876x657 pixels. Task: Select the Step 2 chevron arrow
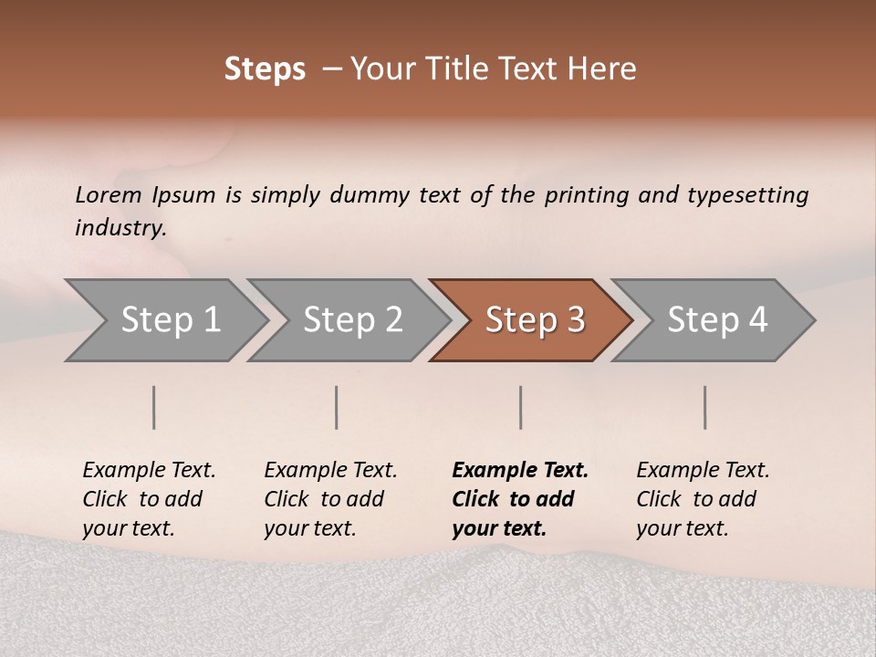pos(352,320)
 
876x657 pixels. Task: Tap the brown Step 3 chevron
pos(535,320)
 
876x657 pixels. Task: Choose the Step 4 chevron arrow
pos(717,320)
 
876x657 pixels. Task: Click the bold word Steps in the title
pos(265,69)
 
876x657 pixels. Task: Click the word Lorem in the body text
pos(109,194)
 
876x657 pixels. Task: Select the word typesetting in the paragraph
pos(747,194)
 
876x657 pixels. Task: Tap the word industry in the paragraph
pos(120,227)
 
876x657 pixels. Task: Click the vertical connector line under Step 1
pos(154,407)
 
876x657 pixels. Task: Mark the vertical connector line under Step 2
pos(337,407)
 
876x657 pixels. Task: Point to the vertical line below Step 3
pos(520,407)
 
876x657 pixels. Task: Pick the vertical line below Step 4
pos(704,407)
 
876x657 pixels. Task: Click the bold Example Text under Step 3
pos(520,471)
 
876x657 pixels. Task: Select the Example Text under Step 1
pos(149,471)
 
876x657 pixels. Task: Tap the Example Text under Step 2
pos(330,471)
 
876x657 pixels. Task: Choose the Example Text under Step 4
pos(703,471)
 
